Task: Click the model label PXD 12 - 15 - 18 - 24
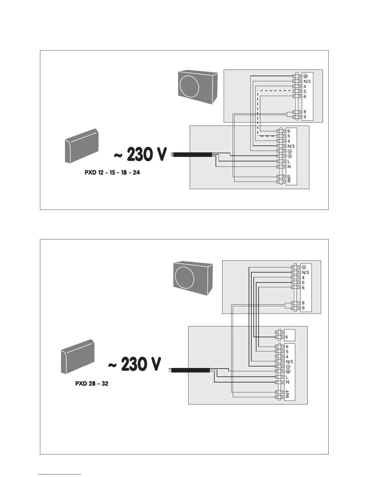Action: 112,173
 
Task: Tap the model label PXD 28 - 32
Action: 92,384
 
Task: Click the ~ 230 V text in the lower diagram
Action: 135,364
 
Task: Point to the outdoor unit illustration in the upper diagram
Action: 198,87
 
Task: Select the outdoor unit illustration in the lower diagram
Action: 193,279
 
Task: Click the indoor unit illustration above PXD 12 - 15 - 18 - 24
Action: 82,146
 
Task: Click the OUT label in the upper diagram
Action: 289,179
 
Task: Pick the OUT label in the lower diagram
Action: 287,394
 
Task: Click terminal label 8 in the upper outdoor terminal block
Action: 305,112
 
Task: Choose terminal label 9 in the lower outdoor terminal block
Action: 303,308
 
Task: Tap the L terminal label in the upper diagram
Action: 289,161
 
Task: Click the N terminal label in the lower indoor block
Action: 287,382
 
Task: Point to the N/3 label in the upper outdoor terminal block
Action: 307,82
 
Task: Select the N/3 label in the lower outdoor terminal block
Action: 305,273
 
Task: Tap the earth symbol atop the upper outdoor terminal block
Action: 305,76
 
